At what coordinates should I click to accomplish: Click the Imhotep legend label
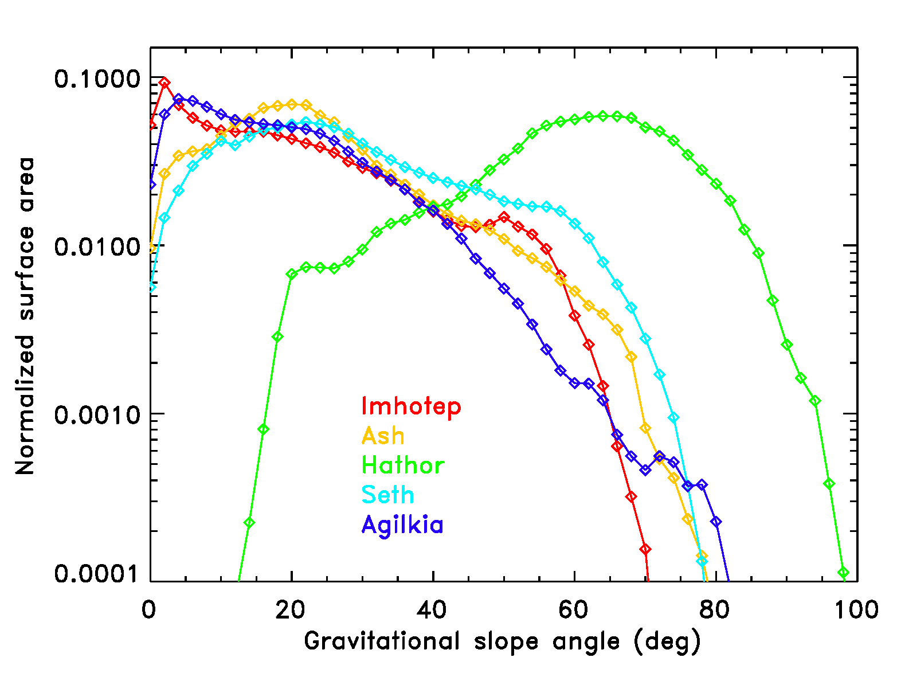pyautogui.click(x=411, y=406)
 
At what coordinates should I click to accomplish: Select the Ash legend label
pyautogui.click(x=383, y=436)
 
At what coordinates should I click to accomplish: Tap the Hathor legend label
pyautogui.click(x=403, y=465)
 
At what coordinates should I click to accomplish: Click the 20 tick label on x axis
pyautogui.click(x=291, y=610)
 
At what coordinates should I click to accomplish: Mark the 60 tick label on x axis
pyautogui.click(x=574, y=610)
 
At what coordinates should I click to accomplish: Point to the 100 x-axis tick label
pyautogui.click(x=856, y=610)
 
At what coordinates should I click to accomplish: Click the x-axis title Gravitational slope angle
pyautogui.click(x=502, y=641)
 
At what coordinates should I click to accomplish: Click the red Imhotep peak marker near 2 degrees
pyautogui.click(x=164, y=83)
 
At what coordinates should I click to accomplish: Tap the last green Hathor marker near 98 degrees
pyautogui.click(x=843, y=573)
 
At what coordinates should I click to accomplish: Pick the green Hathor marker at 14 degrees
pyautogui.click(x=249, y=522)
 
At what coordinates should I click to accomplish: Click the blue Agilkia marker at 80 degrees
pyautogui.click(x=716, y=522)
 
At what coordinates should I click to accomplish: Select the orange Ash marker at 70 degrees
pyautogui.click(x=645, y=428)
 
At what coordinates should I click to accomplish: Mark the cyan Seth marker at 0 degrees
pyautogui.click(x=151, y=287)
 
